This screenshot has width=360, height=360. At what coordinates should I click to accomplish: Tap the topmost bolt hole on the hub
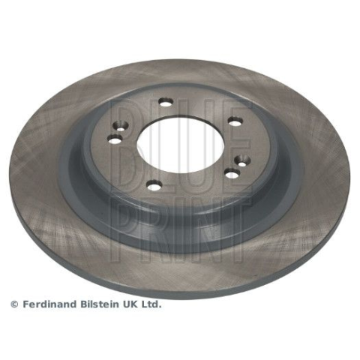166,102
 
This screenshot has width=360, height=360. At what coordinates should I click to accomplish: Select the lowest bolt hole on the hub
154,185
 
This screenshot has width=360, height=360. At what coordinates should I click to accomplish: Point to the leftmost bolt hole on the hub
115,139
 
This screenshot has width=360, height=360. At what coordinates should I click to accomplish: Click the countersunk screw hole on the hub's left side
121,126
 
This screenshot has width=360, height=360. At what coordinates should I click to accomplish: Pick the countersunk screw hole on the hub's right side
241,160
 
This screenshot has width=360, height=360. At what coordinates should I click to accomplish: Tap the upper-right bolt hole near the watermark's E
235,121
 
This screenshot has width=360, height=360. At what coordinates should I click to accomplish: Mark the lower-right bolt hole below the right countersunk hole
232,172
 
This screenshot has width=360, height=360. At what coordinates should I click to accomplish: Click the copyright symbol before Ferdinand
15,304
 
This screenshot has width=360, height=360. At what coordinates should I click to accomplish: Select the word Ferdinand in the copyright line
49,304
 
